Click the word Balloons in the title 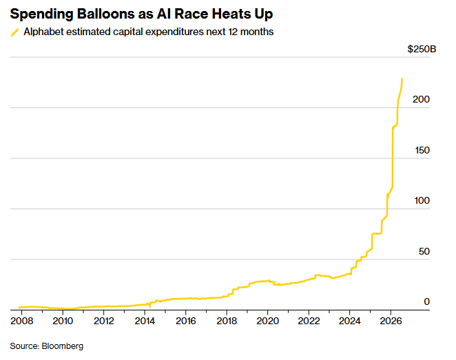[105, 14]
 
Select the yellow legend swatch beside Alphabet [15, 32]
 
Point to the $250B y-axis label [422, 49]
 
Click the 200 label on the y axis [421, 99]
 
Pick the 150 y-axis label [422, 150]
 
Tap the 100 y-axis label [422, 200]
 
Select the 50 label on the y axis [424, 251]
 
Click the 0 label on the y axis [426, 302]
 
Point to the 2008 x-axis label [22, 321]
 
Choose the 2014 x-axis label [145, 321]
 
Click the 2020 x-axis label [268, 321]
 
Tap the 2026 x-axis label [391, 321]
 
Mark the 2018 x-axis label [227, 321]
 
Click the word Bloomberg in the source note [63, 346]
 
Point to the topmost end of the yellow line [402, 78]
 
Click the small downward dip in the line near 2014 [149, 306]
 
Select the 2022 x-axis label [309, 321]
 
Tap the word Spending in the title [41, 14]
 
